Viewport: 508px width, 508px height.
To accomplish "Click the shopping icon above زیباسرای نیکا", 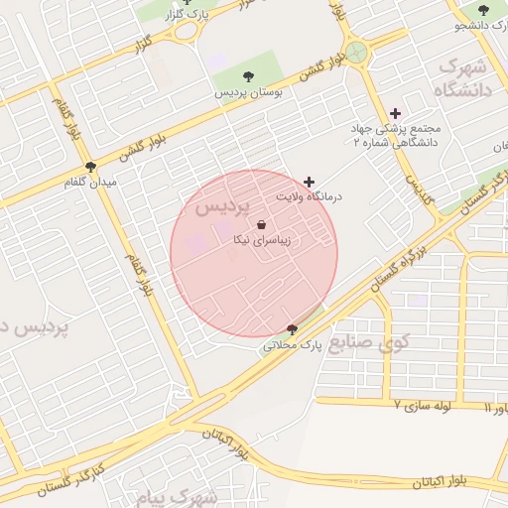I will click(x=261, y=225).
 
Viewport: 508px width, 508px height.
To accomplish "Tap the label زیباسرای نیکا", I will click(x=261, y=240).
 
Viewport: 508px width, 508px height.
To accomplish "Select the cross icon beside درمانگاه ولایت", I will click(x=310, y=182).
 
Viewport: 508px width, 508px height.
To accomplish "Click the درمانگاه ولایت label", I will click(x=310, y=197).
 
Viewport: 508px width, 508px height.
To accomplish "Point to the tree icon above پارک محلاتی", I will click(x=291, y=329).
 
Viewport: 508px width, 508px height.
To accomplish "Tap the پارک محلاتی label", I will click(x=295, y=345).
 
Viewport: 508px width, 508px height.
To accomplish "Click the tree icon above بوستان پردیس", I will click(x=247, y=76).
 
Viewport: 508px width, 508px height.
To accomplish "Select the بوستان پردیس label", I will click(x=249, y=91).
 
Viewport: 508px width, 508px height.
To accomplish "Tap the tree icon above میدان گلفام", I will click(x=91, y=168).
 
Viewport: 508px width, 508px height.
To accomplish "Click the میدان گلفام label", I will click(x=90, y=184).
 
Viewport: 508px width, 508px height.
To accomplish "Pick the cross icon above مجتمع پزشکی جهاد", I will click(x=396, y=113).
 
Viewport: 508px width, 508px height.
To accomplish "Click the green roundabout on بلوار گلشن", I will click(x=356, y=52).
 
